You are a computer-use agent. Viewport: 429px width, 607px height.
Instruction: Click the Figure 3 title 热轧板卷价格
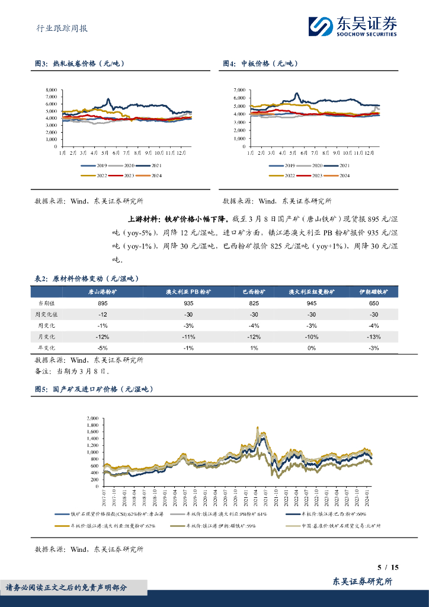pos(88,63)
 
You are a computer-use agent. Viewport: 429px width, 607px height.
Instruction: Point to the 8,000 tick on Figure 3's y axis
pos(52,90)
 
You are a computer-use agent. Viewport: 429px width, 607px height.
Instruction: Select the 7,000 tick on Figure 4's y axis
pos(239,90)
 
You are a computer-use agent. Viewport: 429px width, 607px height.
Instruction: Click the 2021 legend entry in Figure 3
pos(158,166)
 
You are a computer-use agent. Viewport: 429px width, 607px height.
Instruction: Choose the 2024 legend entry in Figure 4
pos(341,175)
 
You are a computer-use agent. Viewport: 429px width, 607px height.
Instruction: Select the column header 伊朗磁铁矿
pos(374,292)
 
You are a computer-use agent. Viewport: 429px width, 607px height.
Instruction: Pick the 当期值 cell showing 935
pos(190,303)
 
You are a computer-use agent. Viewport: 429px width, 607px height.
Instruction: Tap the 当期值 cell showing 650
pos(374,303)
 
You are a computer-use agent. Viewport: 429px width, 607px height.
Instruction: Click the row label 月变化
pos(47,337)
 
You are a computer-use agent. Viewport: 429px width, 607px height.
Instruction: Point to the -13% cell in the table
pos(374,337)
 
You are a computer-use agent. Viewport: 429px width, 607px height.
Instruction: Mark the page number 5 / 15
pos(388,567)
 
